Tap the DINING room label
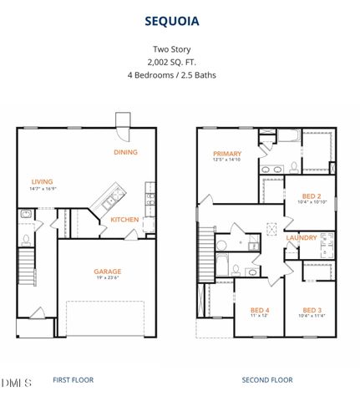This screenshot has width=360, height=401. [126, 152]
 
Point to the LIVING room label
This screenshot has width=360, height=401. [43, 181]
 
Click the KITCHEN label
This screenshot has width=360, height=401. [125, 220]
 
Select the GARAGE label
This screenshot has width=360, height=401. [107, 271]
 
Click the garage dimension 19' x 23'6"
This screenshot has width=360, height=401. [107, 279]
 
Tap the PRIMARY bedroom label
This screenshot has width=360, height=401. [226, 154]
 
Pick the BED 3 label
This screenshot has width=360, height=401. [312, 308]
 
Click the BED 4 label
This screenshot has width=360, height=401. [260, 309]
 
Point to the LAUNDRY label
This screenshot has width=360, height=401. [301, 237]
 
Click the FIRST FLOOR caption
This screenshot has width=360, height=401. [74, 380]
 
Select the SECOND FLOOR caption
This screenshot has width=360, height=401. [267, 380]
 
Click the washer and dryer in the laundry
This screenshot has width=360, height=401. [327, 244]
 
